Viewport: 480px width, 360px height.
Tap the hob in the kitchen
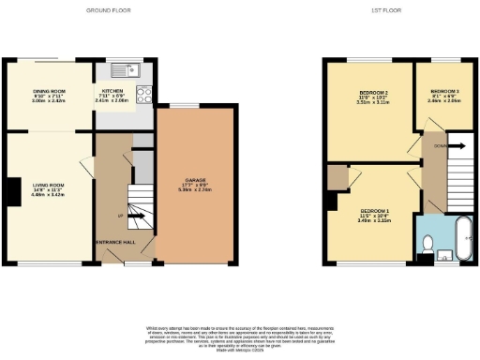tap(144, 93)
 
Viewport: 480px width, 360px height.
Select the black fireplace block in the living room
tap(12, 190)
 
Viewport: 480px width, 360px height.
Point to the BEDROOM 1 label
tap(370, 214)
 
